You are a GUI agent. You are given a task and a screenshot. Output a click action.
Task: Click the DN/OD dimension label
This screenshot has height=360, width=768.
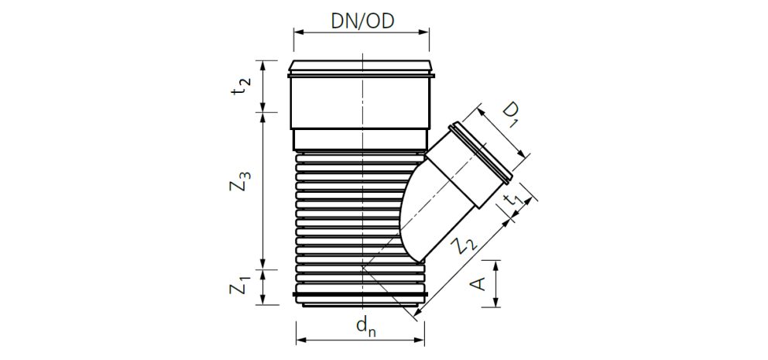pyautogui.click(x=362, y=21)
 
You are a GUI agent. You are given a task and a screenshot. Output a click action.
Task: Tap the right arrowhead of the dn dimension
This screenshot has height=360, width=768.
pyautogui.click(x=420, y=339)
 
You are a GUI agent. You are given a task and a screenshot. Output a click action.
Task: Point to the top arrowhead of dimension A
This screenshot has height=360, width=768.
pyautogui.click(x=497, y=265)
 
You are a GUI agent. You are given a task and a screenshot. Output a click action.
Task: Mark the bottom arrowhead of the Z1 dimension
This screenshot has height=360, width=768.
pyautogui.click(x=263, y=300)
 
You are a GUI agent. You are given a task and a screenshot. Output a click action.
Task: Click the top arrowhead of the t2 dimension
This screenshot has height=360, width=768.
pyautogui.click(x=263, y=65)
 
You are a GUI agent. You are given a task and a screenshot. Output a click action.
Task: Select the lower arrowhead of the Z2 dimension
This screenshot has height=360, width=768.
pyautogui.click(x=417, y=313)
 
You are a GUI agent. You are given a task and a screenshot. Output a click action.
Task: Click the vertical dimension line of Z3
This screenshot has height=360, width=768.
pyautogui.click(x=263, y=190)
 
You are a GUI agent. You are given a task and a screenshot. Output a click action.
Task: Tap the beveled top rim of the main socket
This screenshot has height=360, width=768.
pyautogui.click(x=362, y=66)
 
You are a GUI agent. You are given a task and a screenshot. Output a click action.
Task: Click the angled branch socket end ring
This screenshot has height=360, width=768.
pyautogui.click(x=481, y=153)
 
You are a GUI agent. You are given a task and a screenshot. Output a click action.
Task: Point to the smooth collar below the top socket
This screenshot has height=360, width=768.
pyautogui.click(x=362, y=139)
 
